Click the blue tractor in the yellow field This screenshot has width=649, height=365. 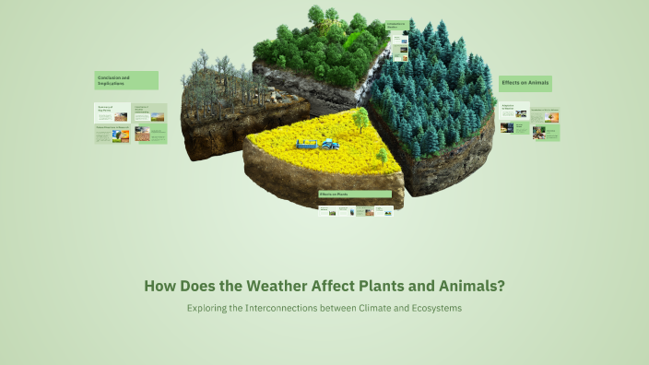pyautogui.click(x=328, y=143)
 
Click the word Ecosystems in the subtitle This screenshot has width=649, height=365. pyautogui.click(x=431, y=308)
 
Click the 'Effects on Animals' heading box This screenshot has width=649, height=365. pyautogui.click(x=525, y=83)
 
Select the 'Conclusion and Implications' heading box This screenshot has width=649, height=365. pyautogui.click(x=126, y=80)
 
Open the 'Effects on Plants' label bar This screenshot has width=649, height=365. pyautogui.click(x=355, y=194)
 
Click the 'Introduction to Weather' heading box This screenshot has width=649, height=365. pyautogui.click(x=396, y=26)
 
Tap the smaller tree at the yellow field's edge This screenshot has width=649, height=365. pyautogui.click(x=382, y=155)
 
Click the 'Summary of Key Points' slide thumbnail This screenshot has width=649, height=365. pyautogui.click(x=112, y=112)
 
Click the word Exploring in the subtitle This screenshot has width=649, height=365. pyautogui.click(x=207, y=308)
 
